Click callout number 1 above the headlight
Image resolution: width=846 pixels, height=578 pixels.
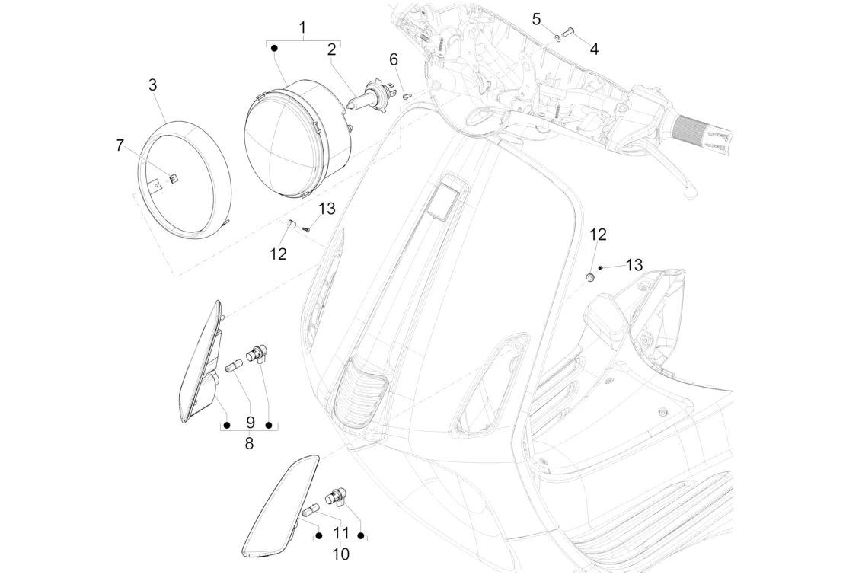(302, 27)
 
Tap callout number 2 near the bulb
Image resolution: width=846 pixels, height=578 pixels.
(331, 49)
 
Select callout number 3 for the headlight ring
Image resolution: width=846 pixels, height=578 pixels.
(153, 85)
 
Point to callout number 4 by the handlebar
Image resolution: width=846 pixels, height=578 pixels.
(594, 49)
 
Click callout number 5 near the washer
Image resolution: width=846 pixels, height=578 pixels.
(536, 20)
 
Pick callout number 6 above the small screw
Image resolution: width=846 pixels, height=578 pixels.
(394, 59)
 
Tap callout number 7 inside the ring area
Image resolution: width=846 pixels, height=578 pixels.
(120, 145)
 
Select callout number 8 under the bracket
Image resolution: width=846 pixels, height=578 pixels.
(249, 444)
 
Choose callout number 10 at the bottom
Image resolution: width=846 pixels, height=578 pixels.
(341, 554)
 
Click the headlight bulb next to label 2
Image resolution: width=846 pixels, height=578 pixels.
(366, 97)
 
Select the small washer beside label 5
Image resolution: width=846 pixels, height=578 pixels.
(557, 37)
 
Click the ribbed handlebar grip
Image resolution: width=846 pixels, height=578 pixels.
(701, 131)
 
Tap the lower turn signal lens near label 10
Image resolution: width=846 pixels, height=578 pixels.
(279, 506)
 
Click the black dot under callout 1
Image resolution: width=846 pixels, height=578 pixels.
(274, 49)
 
